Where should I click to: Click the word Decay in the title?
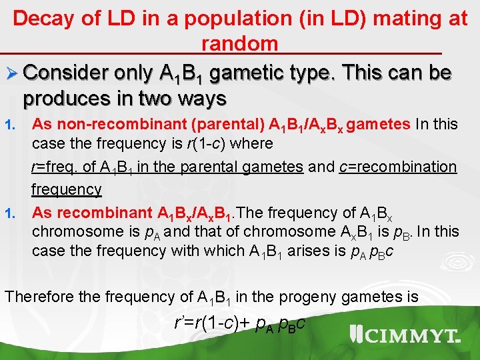43,19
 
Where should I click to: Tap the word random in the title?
239,44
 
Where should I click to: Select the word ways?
201,99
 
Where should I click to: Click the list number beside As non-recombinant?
9,125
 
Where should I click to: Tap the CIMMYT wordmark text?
414,336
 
